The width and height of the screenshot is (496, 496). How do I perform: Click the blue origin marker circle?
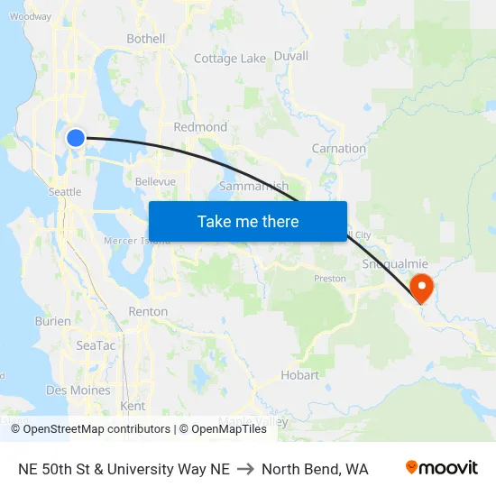click(76, 138)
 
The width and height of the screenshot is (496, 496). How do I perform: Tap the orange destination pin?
click(421, 288)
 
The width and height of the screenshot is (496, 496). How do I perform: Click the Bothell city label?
click(146, 39)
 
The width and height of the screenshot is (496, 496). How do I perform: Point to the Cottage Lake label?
click(230, 59)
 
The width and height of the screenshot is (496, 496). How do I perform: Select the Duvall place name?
click(290, 56)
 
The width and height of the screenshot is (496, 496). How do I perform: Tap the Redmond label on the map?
click(200, 127)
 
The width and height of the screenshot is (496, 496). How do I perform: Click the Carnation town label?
click(338, 148)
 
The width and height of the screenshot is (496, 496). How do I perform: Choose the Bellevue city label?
click(155, 181)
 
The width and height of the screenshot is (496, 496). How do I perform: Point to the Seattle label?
click(65, 192)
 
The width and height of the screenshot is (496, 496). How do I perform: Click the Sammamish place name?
click(253, 187)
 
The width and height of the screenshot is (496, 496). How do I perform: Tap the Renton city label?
click(149, 311)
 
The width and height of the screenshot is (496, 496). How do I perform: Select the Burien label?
click(52, 321)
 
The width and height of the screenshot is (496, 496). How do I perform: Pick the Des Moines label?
click(78, 390)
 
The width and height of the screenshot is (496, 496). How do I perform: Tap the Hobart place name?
click(299, 375)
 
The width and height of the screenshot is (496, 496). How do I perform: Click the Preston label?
click(329, 279)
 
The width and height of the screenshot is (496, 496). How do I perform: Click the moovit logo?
click(441, 468)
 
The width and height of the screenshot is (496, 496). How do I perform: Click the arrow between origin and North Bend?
click(245, 469)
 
